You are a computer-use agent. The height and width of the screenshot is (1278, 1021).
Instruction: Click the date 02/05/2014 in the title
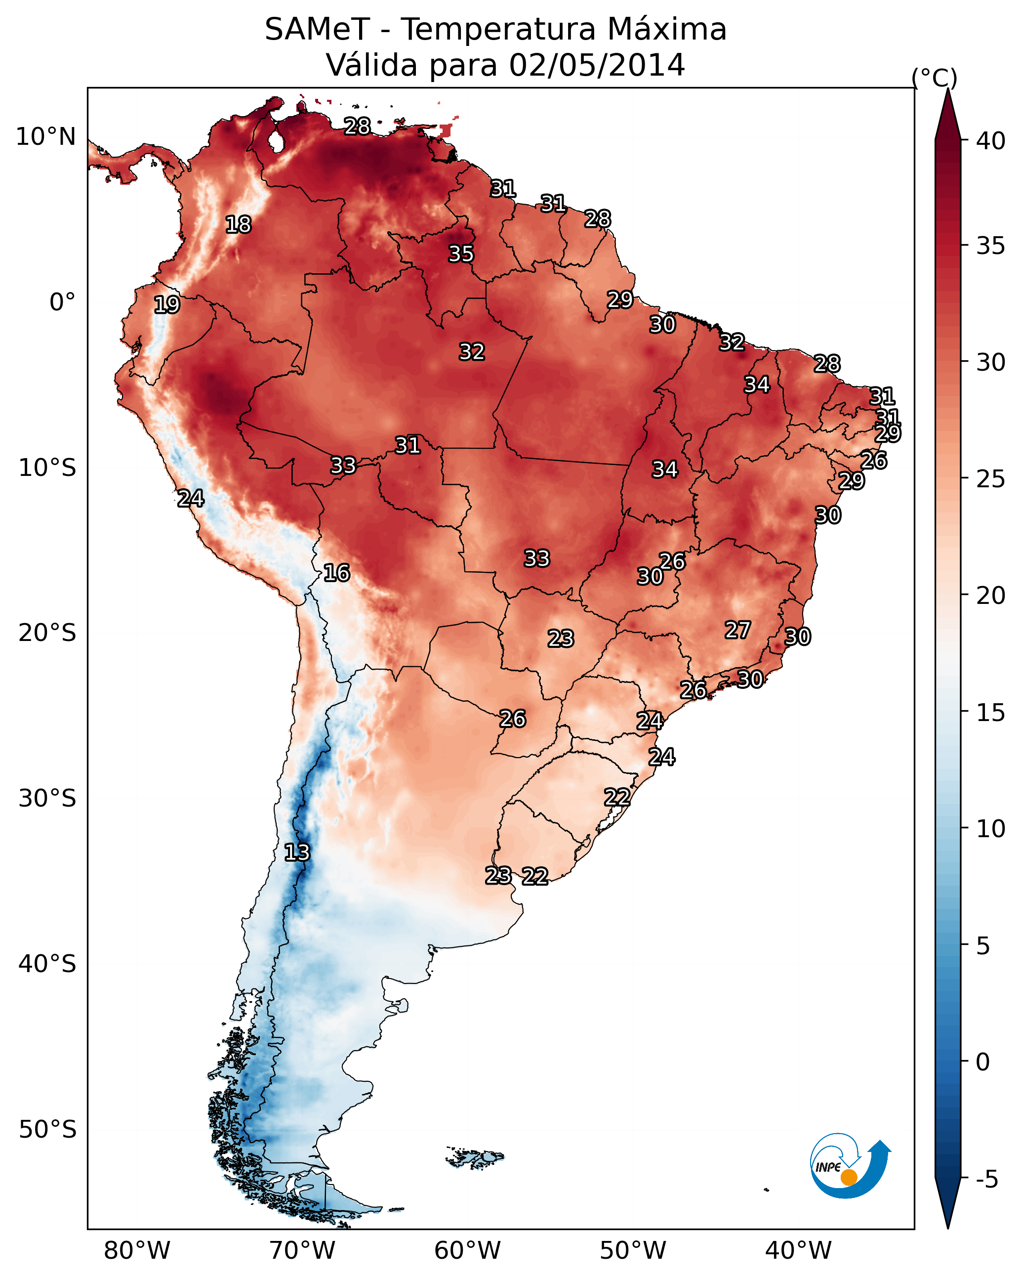[596, 65]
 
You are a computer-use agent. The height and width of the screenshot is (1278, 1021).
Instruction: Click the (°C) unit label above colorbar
[934, 78]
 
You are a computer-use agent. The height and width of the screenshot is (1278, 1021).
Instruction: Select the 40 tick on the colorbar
[991, 141]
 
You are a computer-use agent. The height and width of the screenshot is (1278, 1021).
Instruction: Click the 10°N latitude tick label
[45, 137]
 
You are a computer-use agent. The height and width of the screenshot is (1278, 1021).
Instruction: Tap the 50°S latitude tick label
[47, 1130]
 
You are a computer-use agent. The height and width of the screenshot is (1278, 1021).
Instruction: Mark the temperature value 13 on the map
[297, 852]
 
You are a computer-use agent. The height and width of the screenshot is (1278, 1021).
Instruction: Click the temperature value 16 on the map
[336, 573]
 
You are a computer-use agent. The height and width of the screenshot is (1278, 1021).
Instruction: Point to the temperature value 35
[461, 254]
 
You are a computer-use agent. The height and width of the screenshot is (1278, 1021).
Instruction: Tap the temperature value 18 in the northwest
[238, 225]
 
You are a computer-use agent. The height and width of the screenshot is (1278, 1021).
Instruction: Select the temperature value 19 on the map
[166, 305]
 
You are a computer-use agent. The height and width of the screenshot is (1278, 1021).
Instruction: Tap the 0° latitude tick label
[62, 302]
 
